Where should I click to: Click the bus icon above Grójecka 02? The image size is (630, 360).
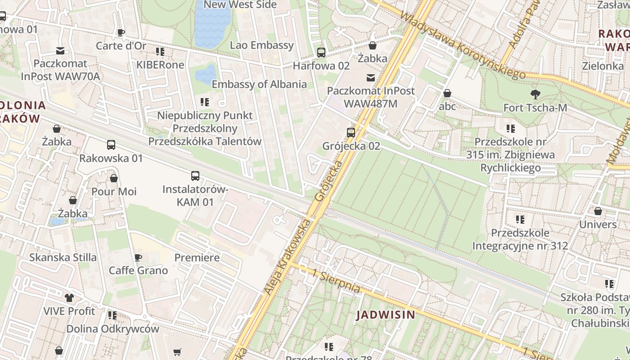351,133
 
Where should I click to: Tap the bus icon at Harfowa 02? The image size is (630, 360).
321,53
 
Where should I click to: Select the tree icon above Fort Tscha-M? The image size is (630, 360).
535,94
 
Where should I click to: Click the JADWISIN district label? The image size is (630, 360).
386,315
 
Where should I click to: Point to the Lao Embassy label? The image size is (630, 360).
261,45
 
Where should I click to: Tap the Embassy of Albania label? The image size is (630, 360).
259,84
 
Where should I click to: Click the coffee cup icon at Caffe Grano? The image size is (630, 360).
138,257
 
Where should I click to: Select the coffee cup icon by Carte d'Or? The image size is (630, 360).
121,32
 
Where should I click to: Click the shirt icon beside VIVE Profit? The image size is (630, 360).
69,297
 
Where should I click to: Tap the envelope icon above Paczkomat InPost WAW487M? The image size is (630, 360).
370,78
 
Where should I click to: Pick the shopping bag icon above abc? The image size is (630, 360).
447,93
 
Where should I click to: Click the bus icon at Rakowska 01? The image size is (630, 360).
111,145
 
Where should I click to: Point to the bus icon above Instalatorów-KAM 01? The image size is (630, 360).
195,176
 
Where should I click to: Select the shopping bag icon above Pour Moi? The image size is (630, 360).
114,178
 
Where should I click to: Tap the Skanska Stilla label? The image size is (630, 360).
63,257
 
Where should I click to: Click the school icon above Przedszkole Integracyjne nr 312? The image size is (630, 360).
520,220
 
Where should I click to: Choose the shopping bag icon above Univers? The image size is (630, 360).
598,211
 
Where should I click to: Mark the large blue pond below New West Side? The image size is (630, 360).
213,25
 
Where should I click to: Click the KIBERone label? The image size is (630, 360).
160,65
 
